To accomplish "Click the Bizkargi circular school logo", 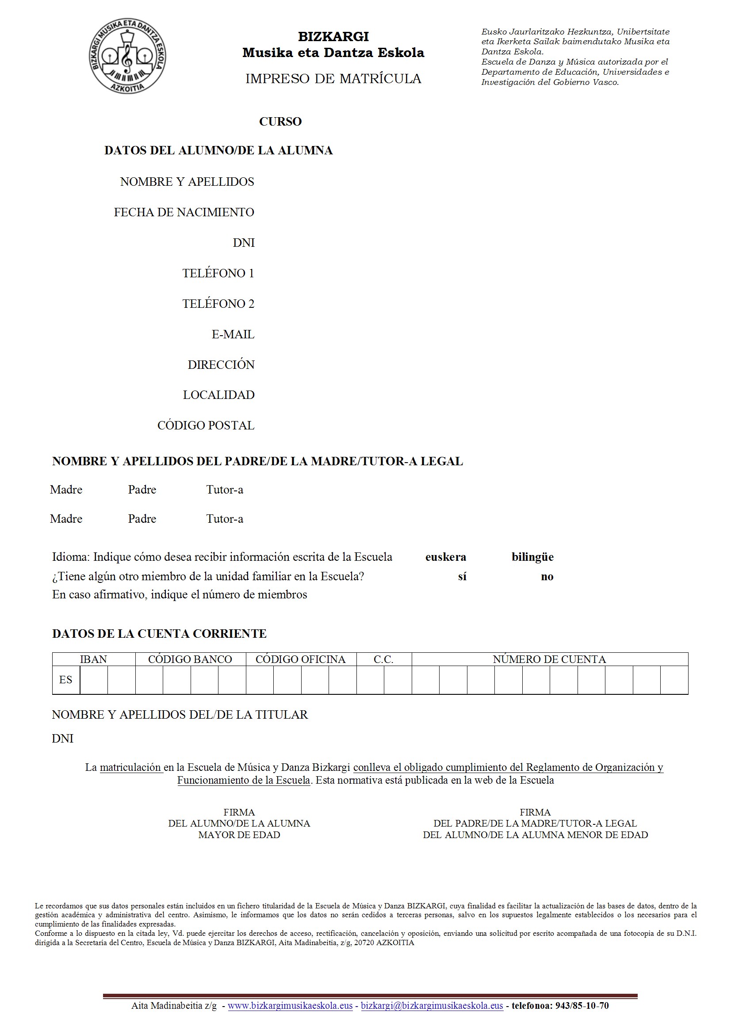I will pyautogui.click(x=127, y=56).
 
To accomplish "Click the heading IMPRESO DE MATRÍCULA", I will pyautogui.click(x=333, y=79).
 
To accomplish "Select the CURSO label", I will pyautogui.click(x=280, y=122).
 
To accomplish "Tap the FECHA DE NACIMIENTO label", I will pyautogui.click(x=184, y=212).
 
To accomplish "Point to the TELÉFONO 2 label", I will pyautogui.click(x=218, y=304).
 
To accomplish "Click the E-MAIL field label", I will pyautogui.click(x=233, y=334).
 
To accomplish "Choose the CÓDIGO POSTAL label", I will pyautogui.click(x=206, y=425).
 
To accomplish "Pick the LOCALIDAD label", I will pyautogui.click(x=218, y=395).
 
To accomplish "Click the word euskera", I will pyautogui.click(x=445, y=557).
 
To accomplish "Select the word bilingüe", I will pyautogui.click(x=532, y=557).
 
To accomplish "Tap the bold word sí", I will pyautogui.click(x=462, y=576).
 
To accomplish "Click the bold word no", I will pyautogui.click(x=547, y=577).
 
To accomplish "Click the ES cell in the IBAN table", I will pyautogui.click(x=66, y=680).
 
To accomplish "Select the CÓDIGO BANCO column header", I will pyautogui.click(x=190, y=659).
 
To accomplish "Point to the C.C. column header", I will pyautogui.click(x=384, y=659).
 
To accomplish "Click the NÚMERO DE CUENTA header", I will pyautogui.click(x=549, y=659).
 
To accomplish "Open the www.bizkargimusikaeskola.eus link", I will pyautogui.click(x=290, y=1006).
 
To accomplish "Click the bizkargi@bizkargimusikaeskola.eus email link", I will pyautogui.click(x=432, y=1006).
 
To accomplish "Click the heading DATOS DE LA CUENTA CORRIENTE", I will pyautogui.click(x=160, y=634).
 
